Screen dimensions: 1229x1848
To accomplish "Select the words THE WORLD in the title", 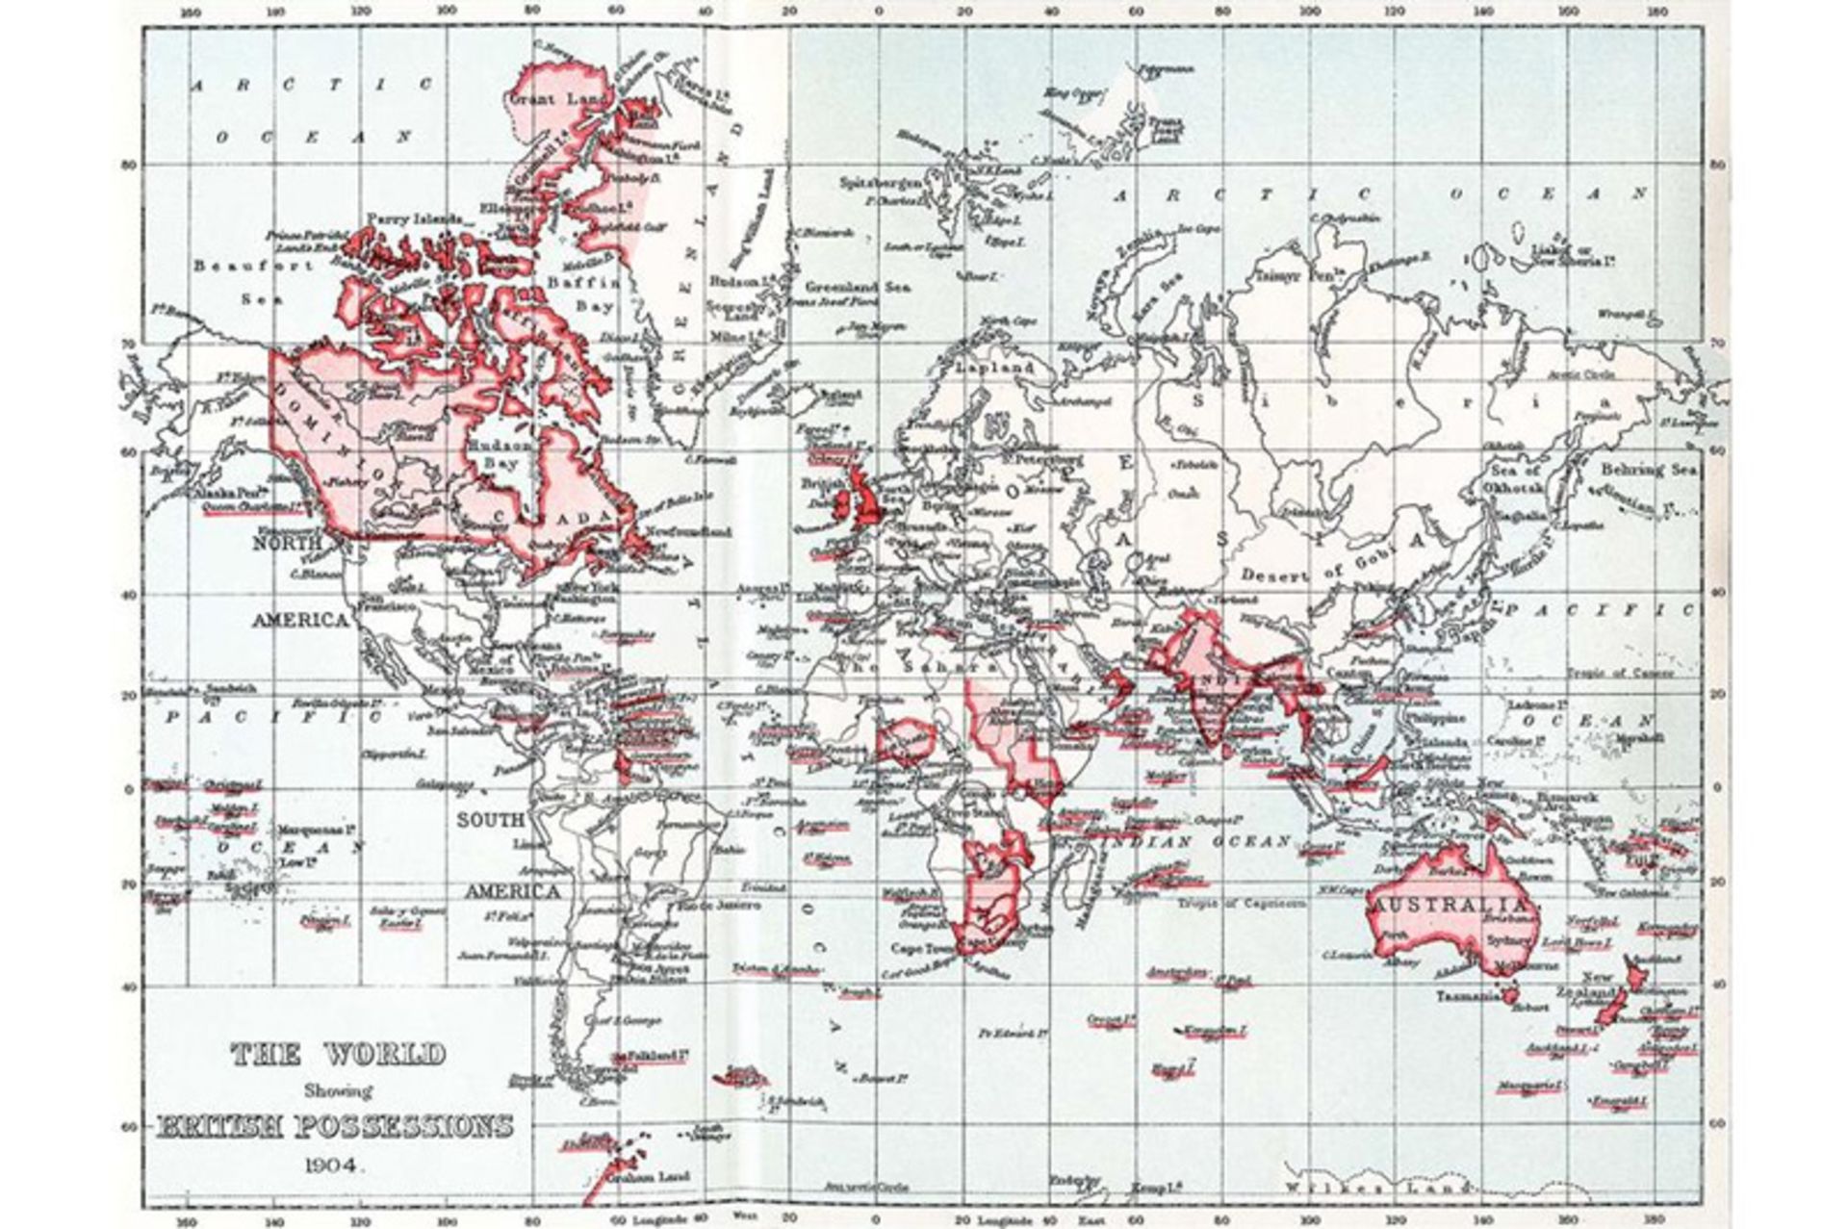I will pos(339,1054).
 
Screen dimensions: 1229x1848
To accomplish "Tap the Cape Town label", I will pos(920,948).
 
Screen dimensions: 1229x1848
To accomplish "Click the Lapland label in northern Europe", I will pos(994,368).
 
